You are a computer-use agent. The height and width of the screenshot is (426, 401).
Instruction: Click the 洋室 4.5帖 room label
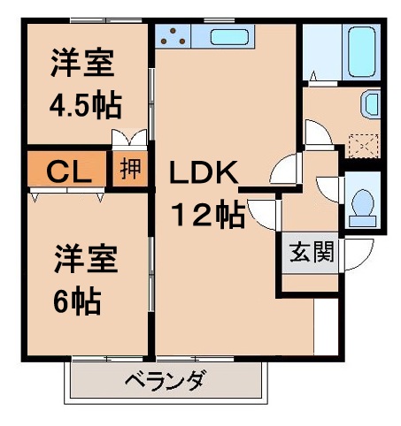pyautogui.click(x=82, y=85)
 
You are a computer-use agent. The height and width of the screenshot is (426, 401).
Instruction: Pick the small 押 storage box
pyautogui.click(x=129, y=169)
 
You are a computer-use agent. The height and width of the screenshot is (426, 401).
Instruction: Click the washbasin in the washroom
pyautogui.click(x=372, y=106)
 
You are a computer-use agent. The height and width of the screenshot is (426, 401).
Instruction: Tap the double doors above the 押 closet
pyautogui.click(x=129, y=141)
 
